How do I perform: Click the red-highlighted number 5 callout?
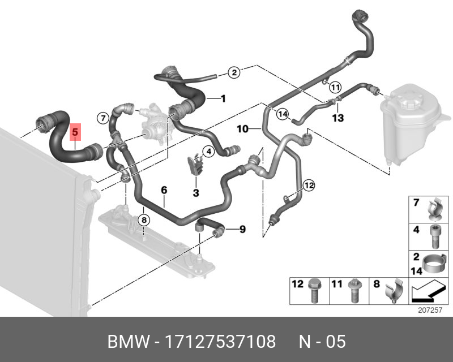pyautogui.click(x=75, y=132)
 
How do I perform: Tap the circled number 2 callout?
pyautogui.click(x=234, y=72)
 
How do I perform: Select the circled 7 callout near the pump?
pyautogui.click(x=103, y=118)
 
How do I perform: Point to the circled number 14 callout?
pyautogui.click(x=282, y=114)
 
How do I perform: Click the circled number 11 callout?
pyautogui.click(x=335, y=87)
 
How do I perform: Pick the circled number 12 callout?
pyautogui.click(x=309, y=185)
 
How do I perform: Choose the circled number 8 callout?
pyautogui.click(x=144, y=220)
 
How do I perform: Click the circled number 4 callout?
pyautogui.click(x=208, y=152)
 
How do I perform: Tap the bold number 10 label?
pyautogui.click(x=243, y=129)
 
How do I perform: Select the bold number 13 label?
pyautogui.click(x=338, y=118)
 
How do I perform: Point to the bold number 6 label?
pyautogui.click(x=164, y=190)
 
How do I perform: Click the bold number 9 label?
pyautogui.click(x=242, y=229)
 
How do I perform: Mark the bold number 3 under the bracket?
pyautogui.click(x=196, y=192)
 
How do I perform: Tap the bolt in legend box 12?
pyautogui.click(x=314, y=291)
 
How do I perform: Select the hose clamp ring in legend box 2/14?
pyautogui.click(x=433, y=261)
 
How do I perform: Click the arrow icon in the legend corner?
pyautogui.click(x=428, y=291)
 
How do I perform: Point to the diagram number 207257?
pyautogui.click(x=430, y=310)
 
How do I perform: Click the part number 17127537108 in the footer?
pyautogui.click(x=220, y=342)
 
